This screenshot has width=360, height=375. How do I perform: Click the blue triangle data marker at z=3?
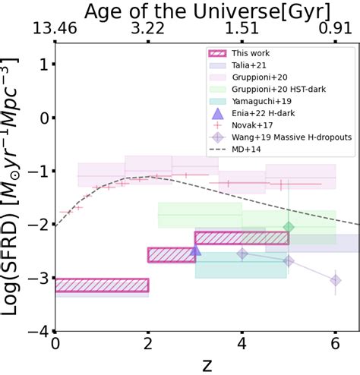click(x=195, y=251)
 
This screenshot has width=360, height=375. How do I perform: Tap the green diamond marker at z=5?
click(x=289, y=227)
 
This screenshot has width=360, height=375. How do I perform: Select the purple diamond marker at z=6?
click(x=335, y=280)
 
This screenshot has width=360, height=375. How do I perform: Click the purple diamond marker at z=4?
click(x=242, y=254)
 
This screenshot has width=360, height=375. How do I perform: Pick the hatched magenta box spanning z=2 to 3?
click(x=172, y=255)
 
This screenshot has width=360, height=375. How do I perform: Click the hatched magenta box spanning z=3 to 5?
click(x=242, y=238)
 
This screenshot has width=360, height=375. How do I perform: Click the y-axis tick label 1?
click(x=44, y=65)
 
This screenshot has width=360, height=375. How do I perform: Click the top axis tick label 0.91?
click(x=335, y=30)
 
